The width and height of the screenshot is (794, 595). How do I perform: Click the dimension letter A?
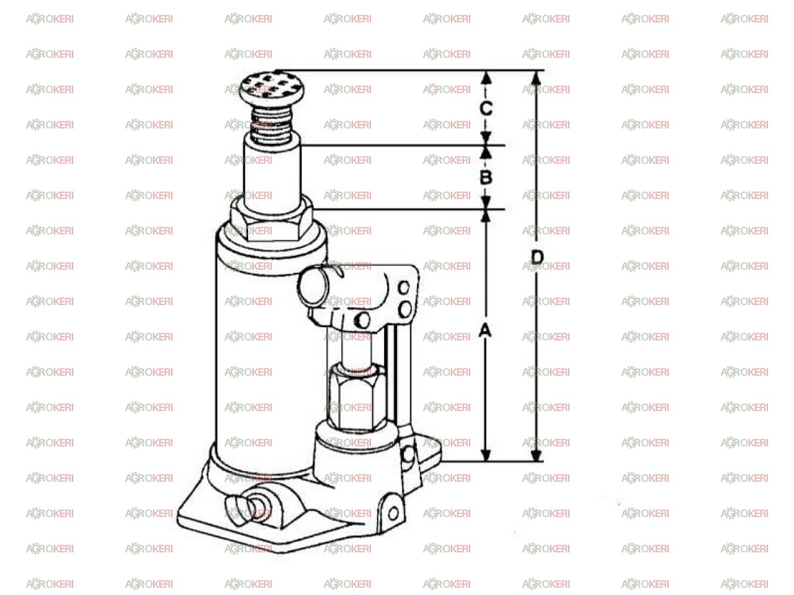point(484,330)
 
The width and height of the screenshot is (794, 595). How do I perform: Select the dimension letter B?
point(486,177)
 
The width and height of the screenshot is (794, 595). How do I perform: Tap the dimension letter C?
point(486,108)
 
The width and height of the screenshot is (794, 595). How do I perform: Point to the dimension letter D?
point(537,257)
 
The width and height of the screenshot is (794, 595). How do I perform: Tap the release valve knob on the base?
point(246,509)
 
